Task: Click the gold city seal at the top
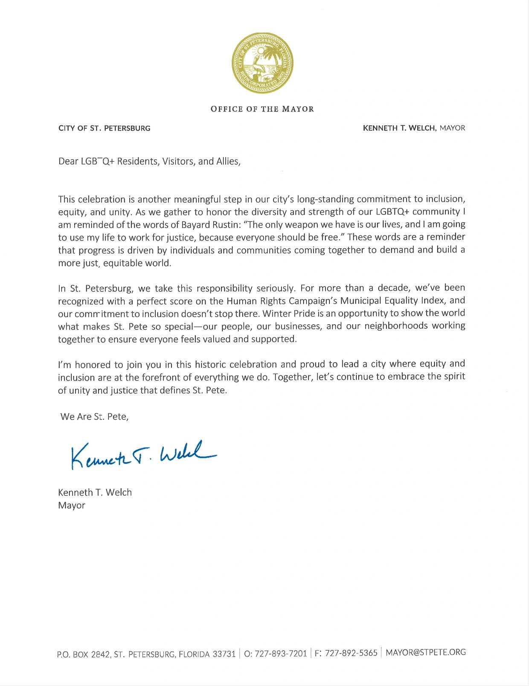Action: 262,63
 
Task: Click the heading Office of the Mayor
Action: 262,109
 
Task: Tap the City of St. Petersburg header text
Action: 104,128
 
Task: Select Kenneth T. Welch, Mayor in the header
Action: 413,128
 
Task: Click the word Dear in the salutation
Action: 68,161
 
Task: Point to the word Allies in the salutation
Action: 228,161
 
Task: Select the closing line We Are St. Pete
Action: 94,417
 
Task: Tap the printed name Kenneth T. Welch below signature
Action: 95,492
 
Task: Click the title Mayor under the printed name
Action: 72,506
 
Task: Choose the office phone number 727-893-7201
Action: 281,654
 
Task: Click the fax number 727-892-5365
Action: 351,653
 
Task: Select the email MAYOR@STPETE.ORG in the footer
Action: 425,652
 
